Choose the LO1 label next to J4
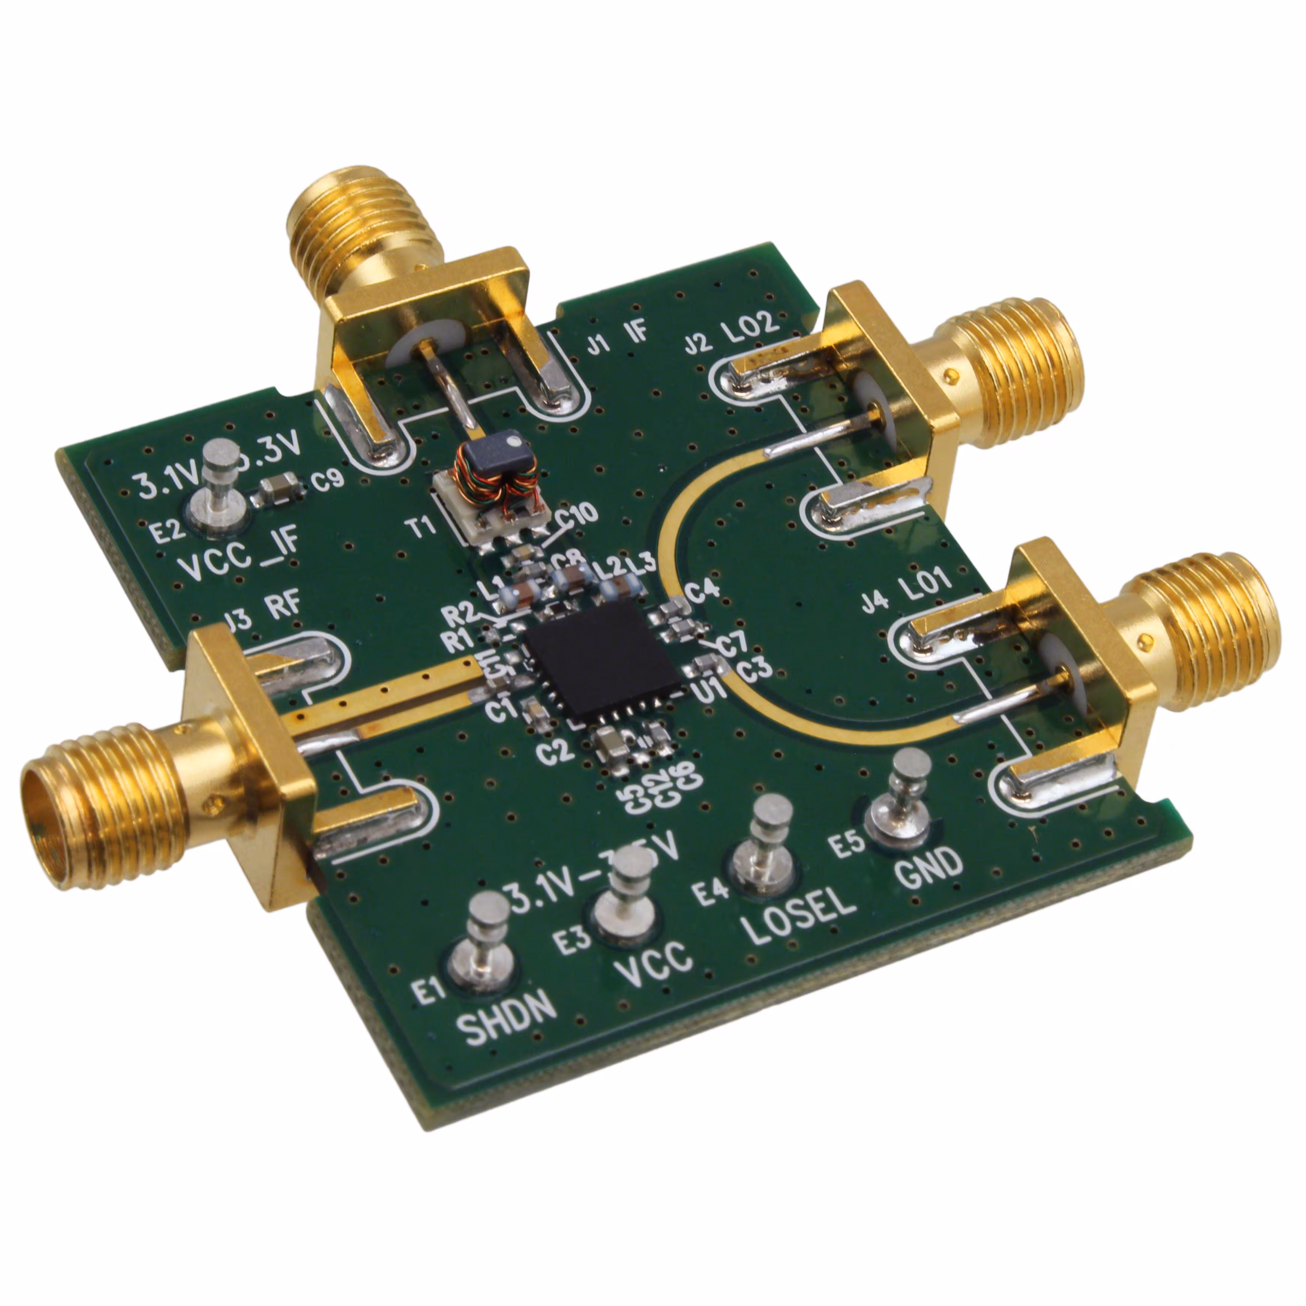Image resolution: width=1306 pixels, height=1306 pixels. [925, 587]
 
